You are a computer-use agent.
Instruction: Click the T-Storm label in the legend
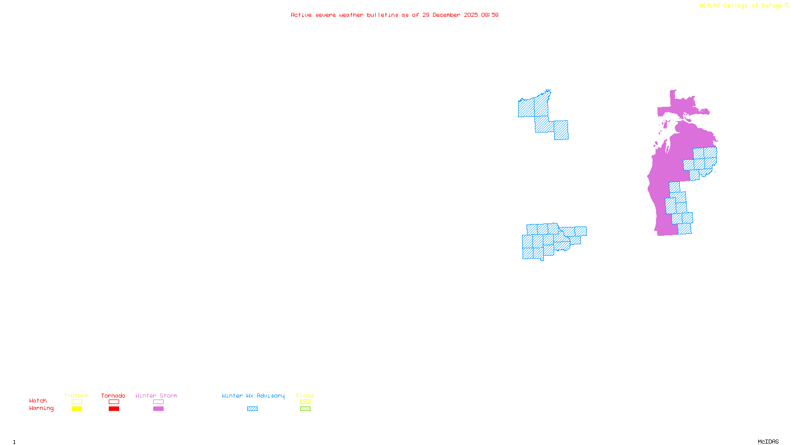76,396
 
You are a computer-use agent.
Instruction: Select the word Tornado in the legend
113,396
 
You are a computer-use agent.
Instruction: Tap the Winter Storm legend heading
156,396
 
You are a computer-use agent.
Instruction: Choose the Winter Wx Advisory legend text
253,396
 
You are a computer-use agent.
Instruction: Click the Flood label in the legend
305,396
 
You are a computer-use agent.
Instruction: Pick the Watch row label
38,400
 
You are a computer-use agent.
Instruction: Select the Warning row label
42,408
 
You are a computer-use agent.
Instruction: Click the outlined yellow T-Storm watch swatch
77,402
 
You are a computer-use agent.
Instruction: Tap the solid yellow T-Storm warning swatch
77,409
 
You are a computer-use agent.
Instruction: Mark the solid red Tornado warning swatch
114,409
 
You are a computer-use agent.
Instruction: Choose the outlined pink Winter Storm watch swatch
158,402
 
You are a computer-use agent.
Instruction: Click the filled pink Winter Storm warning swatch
158,409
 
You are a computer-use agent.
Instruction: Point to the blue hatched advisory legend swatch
252,409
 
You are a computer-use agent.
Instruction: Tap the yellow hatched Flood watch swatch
305,402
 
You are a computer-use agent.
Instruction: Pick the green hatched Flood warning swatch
305,409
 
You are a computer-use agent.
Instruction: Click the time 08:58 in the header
490,15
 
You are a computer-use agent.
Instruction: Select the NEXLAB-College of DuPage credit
741,6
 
